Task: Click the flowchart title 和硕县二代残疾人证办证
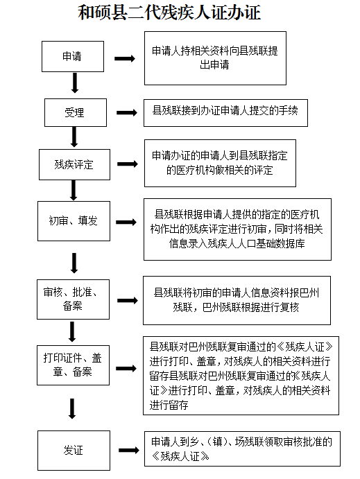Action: (169, 13)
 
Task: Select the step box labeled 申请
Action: (73, 57)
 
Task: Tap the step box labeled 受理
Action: (76, 112)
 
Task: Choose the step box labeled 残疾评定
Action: (74, 164)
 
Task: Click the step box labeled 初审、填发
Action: (74, 221)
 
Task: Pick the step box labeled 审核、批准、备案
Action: (73, 299)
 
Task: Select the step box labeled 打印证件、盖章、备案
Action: (73, 365)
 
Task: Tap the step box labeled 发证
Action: (74, 451)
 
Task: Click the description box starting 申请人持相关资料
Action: (215, 58)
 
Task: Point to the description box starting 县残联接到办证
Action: (225, 113)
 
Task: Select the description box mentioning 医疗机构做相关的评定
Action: (220, 163)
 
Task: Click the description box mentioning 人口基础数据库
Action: (237, 229)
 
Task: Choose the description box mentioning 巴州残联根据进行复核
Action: (237, 300)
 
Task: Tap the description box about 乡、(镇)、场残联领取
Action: (242, 448)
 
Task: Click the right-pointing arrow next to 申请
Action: (125, 59)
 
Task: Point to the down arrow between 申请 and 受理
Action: (75, 82)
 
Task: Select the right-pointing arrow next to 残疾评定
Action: (128, 164)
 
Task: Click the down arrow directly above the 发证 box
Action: (72, 409)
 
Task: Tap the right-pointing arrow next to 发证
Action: (128, 451)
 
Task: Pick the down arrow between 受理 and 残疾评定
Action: (74, 137)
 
